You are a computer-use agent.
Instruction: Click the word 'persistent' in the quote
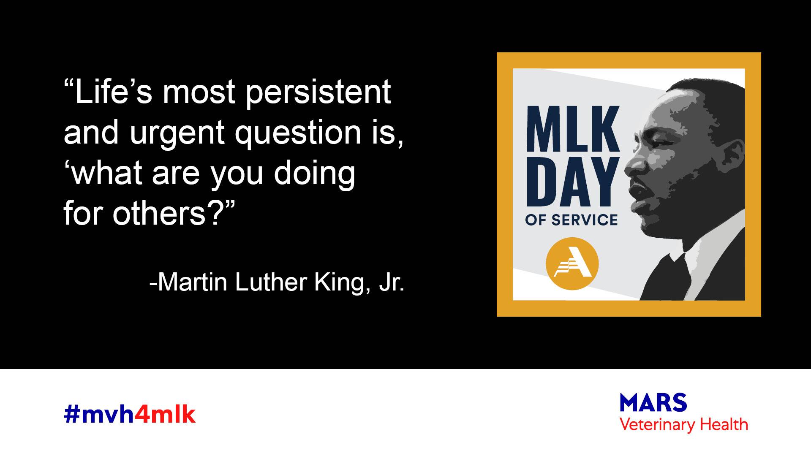coord(318,93)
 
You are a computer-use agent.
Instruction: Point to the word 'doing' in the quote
coord(315,174)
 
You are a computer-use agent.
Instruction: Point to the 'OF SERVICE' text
coord(572,220)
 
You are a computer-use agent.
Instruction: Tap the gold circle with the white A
coord(572,263)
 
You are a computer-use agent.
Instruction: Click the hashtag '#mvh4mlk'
coord(130,415)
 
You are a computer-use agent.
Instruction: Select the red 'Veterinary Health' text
coord(683,424)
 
